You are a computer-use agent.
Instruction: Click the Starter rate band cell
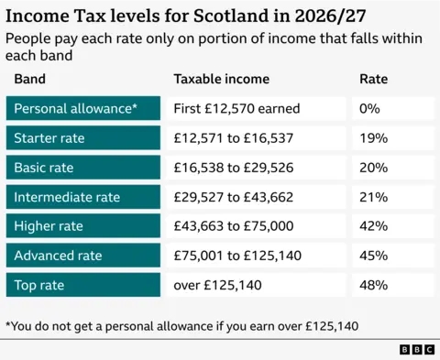pyautogui.click(x=84, y=138)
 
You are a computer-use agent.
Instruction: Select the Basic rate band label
pyautogui.click(x=84, y=168)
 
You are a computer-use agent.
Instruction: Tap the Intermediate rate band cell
pyautogui.click(x=84, y=197)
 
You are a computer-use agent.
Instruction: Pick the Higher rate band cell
pyautogui.click(x=84, y=226)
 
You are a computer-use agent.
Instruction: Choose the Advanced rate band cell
pyautogui.click(x=84, y=256)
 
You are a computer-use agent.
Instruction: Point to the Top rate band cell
pyautogui.click(x=84, y=285)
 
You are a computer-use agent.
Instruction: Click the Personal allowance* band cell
pyautogui.click(x=84, y=109)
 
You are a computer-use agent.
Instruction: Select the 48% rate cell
pyautogui.click(x=392, y=285)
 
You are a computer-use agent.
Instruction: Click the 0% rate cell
pyautogui.click(x=392, y=109)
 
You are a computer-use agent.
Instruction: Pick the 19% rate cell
pyautogui.click(x=392, y=138)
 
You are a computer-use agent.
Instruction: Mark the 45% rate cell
pyautogui.click(x=392, y=256)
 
